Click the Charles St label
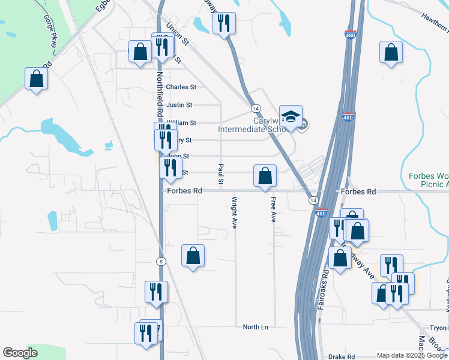[181, 87]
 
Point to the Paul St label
[221, 174]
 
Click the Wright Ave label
[235, 212]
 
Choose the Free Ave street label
[273, 210]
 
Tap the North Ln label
[255, 327]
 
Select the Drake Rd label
[342, 356]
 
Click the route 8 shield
[161, 261]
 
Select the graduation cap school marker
[291, 117]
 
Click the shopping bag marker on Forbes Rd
[265, 176]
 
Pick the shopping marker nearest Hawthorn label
[391, 53]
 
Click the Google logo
[20, 353]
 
